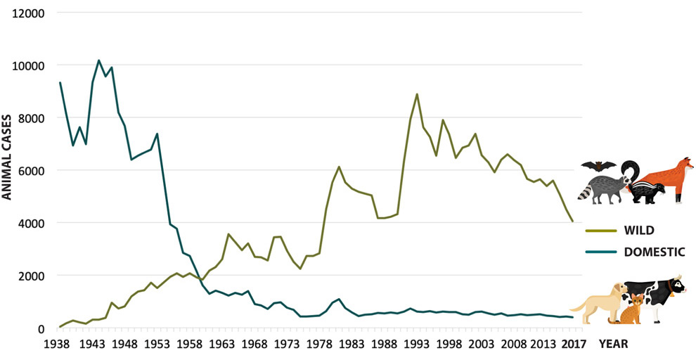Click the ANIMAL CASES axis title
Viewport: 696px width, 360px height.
pos(8,157)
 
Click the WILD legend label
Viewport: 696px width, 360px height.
pos(637,231)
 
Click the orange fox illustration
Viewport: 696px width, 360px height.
pos(671,176)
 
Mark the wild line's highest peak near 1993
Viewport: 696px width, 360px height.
pos(418,94)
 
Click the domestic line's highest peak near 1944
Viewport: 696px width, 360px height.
pos(99,60)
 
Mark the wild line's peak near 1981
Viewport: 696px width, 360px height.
pos(339,167)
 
